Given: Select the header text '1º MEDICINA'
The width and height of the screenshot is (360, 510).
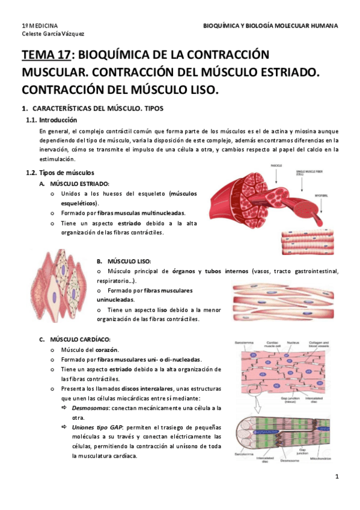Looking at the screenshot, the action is tap(40, 26).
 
